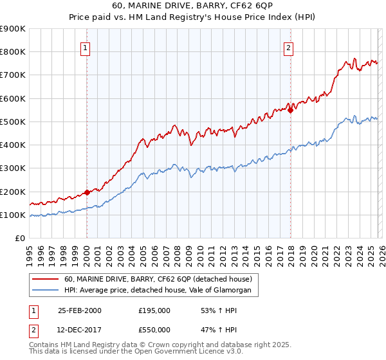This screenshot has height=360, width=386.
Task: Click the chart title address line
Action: (192, 6)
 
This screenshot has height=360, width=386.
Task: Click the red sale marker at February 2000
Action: (87, 192)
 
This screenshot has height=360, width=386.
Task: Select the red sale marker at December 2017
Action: (290, 110)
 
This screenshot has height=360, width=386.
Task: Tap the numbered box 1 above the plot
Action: (86, 47)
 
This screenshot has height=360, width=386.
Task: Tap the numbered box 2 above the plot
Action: (289, 47)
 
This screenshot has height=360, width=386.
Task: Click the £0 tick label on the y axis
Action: (19, 239)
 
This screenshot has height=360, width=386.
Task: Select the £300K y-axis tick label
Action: (12, 168)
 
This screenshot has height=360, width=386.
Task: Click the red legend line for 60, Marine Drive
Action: (46, 279)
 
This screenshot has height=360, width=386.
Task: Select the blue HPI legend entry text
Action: (161, 291)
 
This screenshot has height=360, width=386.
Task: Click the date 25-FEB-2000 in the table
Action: (80, 310)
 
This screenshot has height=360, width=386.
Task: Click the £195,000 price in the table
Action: (154, 310)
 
